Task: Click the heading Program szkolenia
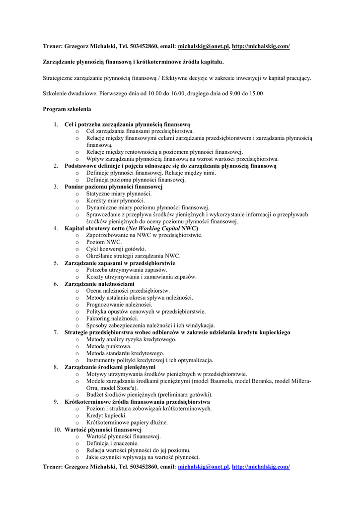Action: click(x=67, y=109)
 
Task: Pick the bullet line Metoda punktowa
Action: click(x=109, y=346)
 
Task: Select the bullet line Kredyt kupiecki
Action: click(x=106, y=416)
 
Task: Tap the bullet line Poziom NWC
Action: click(x=104, y=242)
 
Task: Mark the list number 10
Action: click(x=57, y=430)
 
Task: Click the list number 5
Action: click(x=56, y=263)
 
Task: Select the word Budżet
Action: click(x=96, y=395)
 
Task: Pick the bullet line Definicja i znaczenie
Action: click(x=112, y=444)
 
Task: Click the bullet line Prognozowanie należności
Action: click(x=119, y=305)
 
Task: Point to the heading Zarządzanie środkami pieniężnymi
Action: click(x=110, y=367)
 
